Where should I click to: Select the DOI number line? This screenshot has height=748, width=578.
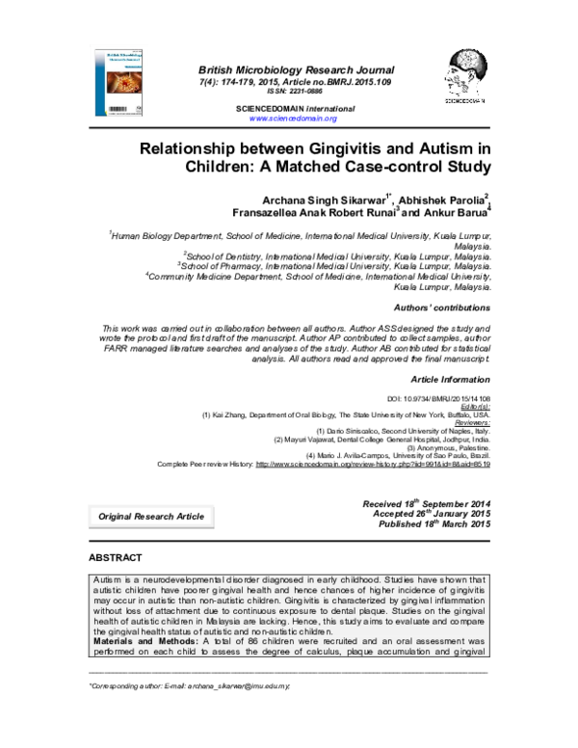[437, 397]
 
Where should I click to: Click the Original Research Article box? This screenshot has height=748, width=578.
[151, 517]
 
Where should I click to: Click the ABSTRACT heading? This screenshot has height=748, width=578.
[116, 558]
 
